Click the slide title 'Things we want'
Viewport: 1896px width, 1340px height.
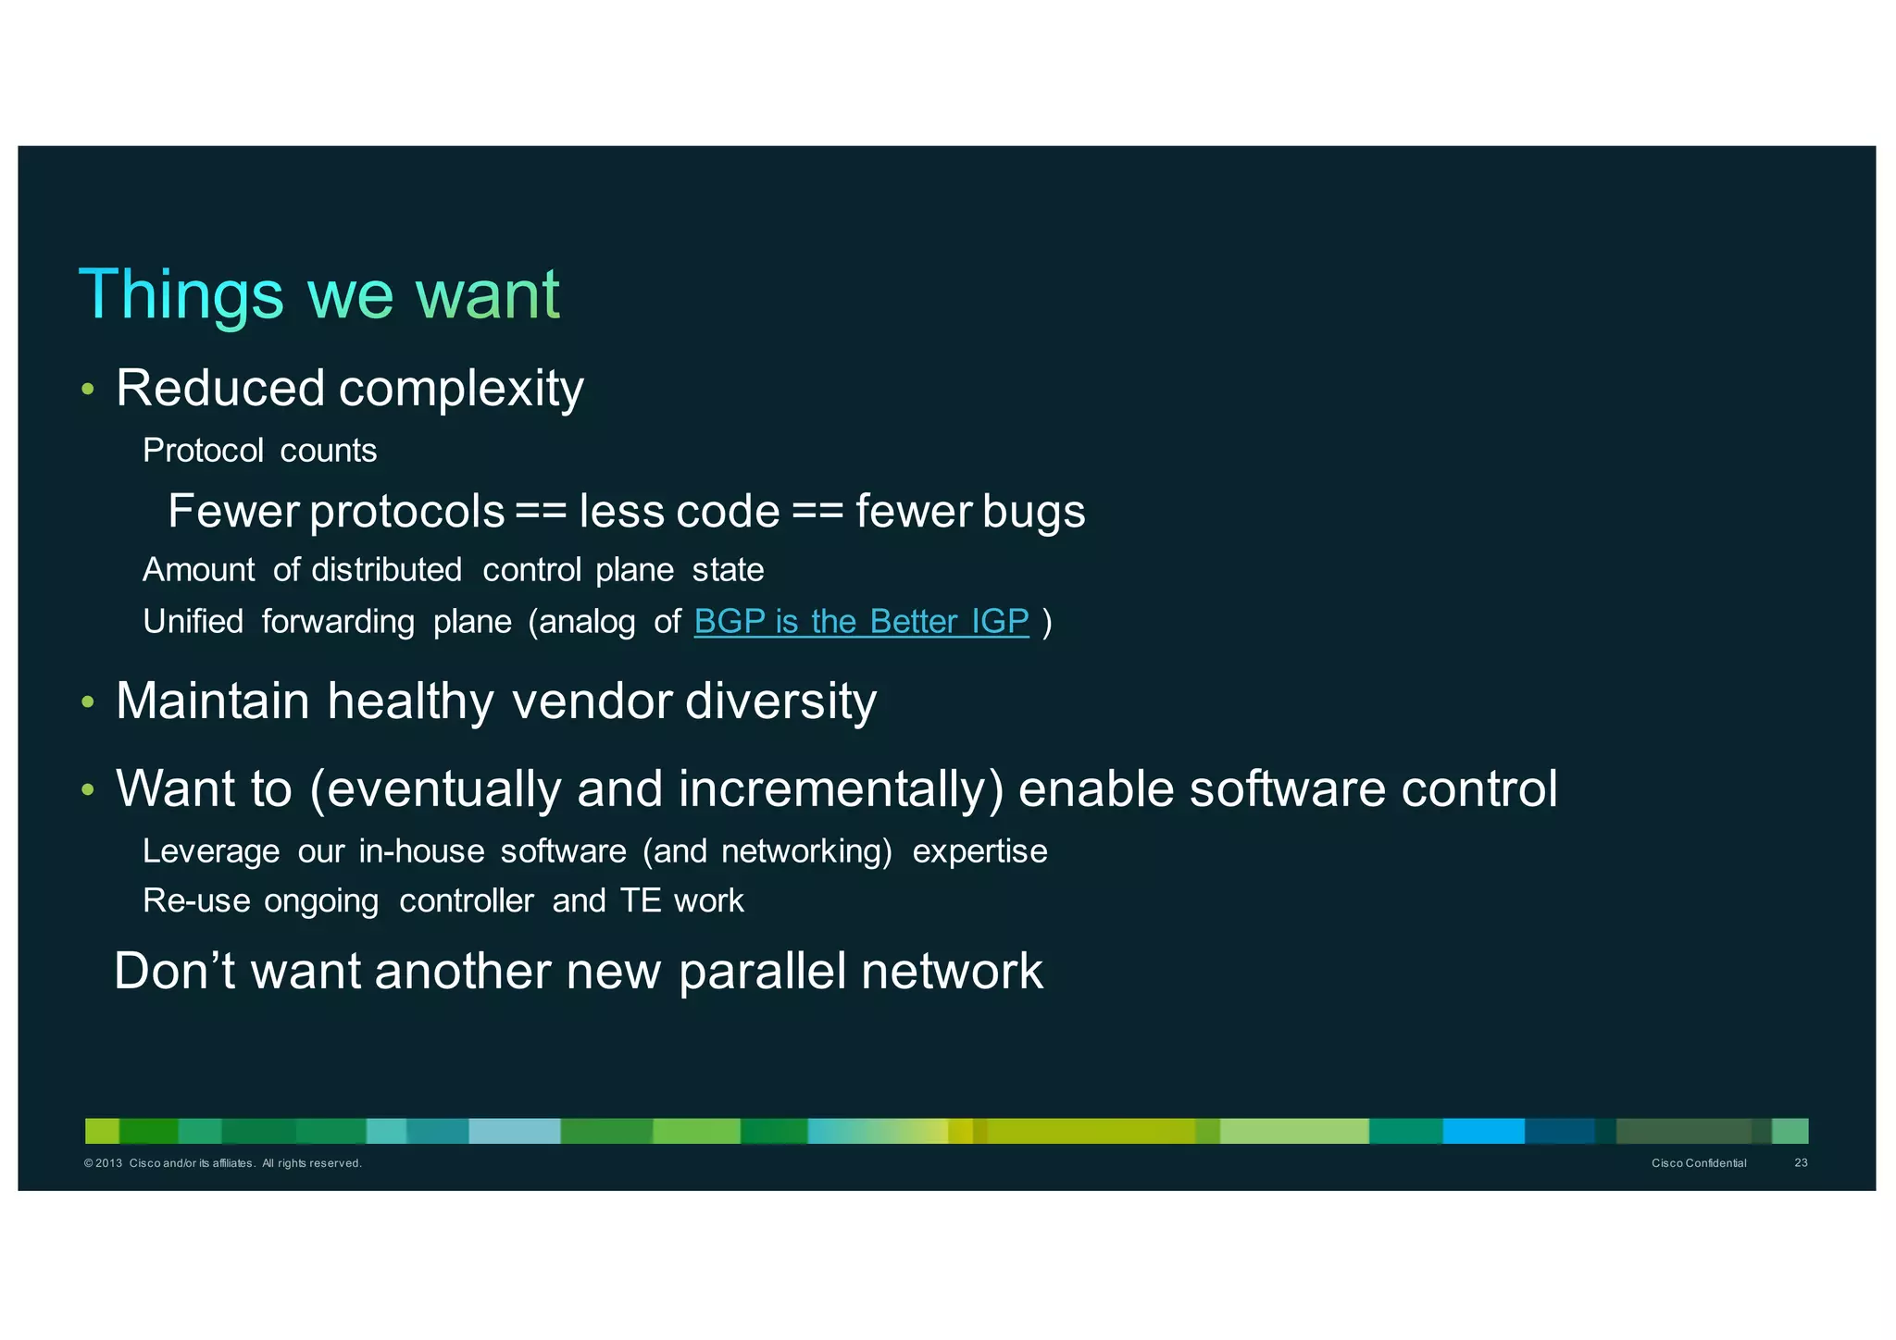[319, 294]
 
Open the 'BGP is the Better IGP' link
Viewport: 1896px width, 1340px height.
[861, 622]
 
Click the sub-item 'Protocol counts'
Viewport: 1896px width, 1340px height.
[259, 451]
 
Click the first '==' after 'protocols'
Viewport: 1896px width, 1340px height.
[541, 512]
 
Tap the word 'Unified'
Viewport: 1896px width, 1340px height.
[193, 622]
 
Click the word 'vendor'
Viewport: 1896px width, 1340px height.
[592, 701]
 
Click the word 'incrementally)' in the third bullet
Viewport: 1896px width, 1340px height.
[841, 789]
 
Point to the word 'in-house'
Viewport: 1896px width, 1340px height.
[421, 851]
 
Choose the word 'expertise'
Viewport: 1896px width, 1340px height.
[979, 851]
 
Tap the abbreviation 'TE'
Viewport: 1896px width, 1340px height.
[640, 901]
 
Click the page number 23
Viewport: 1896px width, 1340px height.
[1801, 1163]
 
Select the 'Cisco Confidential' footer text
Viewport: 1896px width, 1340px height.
[1699, 1163]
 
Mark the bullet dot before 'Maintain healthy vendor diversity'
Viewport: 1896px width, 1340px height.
[88, 702]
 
